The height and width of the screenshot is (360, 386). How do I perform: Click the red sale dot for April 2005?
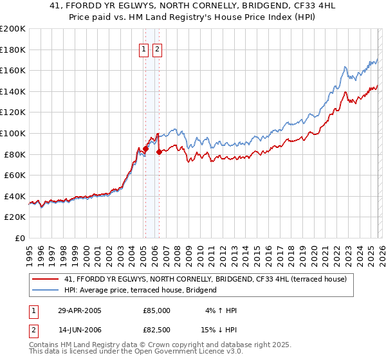pos(145,149)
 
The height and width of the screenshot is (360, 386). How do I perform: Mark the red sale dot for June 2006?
pos(159,152)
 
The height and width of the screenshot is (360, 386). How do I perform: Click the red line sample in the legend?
pos(46,279)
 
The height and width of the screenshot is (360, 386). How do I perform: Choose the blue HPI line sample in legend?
pos(46,290)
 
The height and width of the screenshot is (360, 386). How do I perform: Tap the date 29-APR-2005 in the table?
pos(80,310)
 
